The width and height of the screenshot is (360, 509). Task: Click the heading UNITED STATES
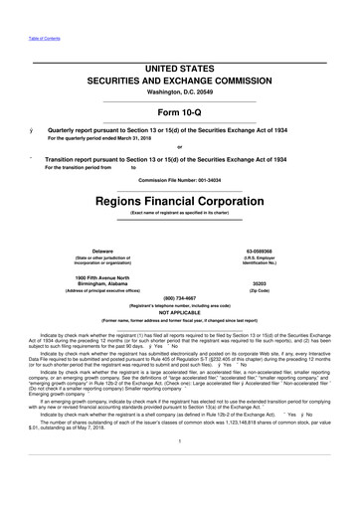(178, 65)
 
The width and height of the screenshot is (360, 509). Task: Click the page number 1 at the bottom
(179, 468)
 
